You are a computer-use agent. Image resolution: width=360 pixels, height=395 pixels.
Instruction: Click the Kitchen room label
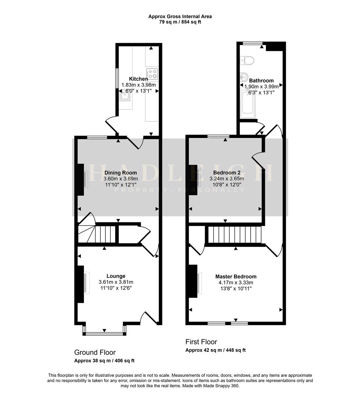pyautogui.click(x=139, y=79)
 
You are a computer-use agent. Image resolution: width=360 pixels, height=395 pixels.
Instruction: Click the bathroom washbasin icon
pyautogui.click(x=244, y=78)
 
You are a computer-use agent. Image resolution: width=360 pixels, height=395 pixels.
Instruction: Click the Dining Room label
pyautogui.click(x=121, y=173)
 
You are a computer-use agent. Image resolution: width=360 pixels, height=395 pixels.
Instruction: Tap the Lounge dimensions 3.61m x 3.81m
pyautogui.click(x=116, y=282)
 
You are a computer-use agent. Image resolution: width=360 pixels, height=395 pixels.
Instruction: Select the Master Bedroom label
pyautogui.click(x=236, y=276)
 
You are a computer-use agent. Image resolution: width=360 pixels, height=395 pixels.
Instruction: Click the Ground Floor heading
pyautogui.click(x=95, y=353)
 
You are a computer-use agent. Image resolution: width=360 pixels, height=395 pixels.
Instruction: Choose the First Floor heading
pyautogui.click(x=201, y=342)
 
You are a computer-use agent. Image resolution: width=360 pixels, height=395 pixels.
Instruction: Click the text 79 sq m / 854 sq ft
pyautogui.click(x=180, y=22)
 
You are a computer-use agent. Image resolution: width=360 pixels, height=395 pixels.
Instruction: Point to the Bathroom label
pyautogui.click(x=261, y=80)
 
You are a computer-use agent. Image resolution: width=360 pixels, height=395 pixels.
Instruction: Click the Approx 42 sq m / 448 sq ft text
pyautogui.click(x=215, y=350)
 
